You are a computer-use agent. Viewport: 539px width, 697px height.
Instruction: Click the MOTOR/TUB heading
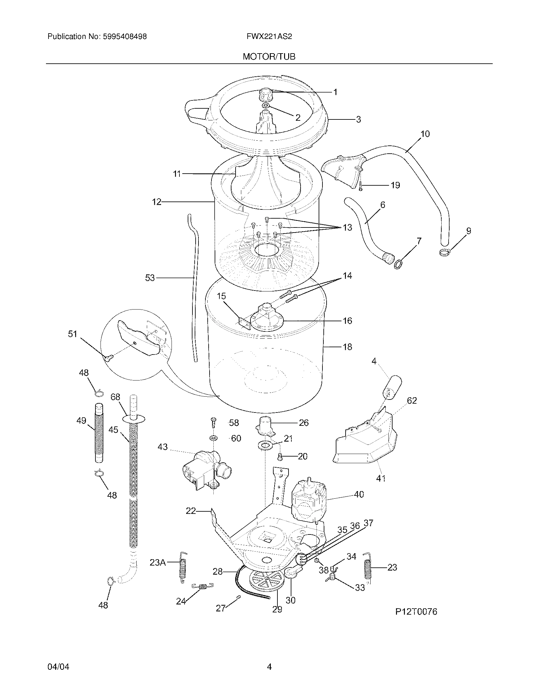[x=269, y=56]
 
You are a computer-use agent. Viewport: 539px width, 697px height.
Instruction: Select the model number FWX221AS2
[x=269, y=37]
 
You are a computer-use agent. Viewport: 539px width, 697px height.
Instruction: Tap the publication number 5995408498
[x=125, y=37]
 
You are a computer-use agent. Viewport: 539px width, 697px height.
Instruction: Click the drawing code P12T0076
[x=416, y=611]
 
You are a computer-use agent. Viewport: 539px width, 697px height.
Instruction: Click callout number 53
[x=150, y=278]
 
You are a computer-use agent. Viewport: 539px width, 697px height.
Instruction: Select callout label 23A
[x=158, y=563]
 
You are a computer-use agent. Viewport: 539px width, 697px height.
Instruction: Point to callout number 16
[x=347, y=320]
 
